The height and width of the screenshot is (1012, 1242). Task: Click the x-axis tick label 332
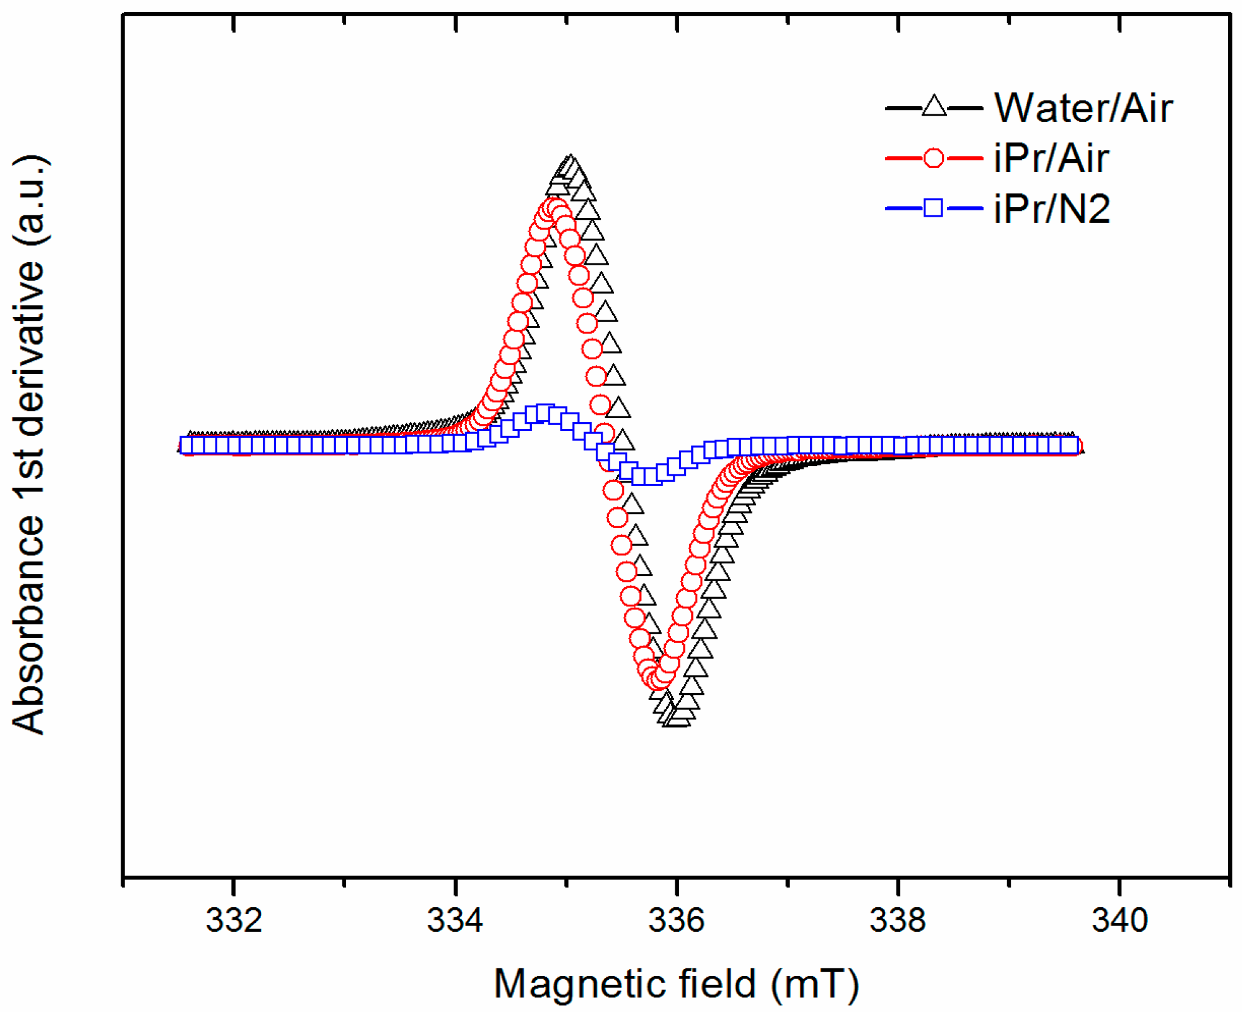(x=234, y=920)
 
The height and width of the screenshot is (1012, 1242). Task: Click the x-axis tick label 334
(x=455, y=920)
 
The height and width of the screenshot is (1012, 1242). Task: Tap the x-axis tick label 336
(x=676, y=920)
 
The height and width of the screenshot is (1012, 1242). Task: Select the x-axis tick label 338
(x=898, y=920)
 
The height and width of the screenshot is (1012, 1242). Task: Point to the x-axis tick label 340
(x=1119, y=920)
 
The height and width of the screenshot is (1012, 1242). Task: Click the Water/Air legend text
(x=1083, y=108)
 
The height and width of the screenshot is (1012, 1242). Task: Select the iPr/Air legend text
(x=1051, y=158)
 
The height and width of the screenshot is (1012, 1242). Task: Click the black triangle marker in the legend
(x=934, y=107)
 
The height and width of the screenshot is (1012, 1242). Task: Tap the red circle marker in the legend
(x=934, y=158)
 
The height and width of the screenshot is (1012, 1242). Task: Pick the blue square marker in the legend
(x=934, y=208)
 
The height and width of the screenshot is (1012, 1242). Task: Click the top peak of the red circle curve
(x=554, y=207)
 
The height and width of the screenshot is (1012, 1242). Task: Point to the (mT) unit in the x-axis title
(x=814, y=984)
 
